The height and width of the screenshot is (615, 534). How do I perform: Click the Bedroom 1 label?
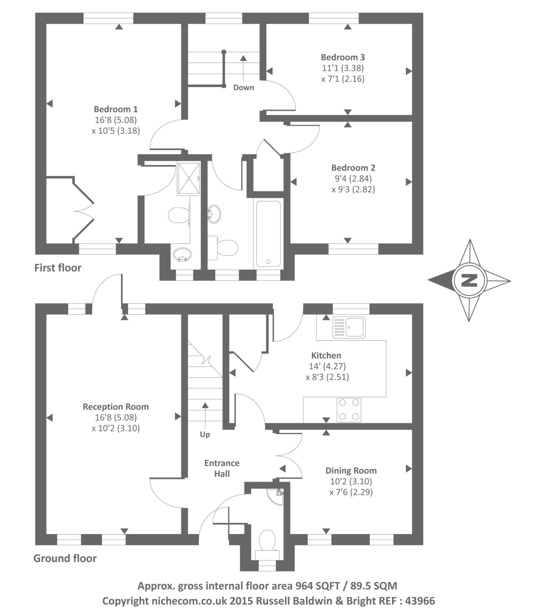115,109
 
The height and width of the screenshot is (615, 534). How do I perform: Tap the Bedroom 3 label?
343,57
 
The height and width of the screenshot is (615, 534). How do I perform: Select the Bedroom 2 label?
353,168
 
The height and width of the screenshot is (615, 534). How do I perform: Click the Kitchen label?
326,355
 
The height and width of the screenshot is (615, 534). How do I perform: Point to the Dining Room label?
351,470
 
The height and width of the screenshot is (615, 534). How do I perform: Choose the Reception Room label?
116,406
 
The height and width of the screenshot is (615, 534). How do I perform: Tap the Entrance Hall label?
222,468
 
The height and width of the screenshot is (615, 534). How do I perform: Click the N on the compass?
469,280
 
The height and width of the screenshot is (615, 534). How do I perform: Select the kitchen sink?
348,327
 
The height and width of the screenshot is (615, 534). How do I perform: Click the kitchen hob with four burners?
348,409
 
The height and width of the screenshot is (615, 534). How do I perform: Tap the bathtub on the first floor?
268,233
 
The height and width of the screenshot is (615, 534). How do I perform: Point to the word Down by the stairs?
243,87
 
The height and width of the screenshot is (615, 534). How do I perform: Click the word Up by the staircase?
205,434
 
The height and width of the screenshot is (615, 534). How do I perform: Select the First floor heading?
57,268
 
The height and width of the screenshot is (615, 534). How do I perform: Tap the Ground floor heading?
65,558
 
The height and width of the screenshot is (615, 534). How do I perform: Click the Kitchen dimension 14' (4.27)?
326,366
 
